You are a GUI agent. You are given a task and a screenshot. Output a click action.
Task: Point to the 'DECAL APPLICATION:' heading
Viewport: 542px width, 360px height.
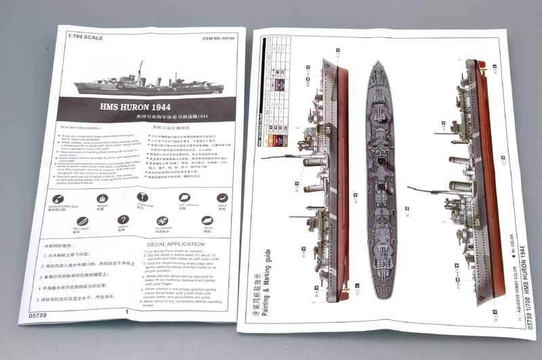coord(176,244)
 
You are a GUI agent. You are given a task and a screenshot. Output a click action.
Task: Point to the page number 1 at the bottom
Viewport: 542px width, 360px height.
coord(126,312)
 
